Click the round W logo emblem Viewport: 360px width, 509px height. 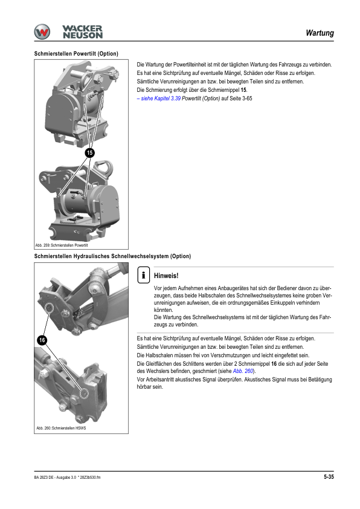click(42, 32)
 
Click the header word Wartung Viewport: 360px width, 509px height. click(320, 33)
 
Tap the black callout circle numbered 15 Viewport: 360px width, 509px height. click(90, 153)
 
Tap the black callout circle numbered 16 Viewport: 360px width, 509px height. click(42, 340)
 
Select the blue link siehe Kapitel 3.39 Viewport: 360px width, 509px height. click(159, 99)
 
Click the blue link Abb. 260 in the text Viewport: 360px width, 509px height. click(243, 371)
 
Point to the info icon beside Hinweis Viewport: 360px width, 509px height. click(143, 275)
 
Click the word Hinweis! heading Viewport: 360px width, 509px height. click(166, 276)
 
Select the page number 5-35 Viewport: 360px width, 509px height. click(329, 477)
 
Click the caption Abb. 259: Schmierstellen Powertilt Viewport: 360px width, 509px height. click(62, 245)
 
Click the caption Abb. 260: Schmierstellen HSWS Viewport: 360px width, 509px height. click(61, 428)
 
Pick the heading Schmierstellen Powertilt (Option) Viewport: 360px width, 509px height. click(76, 54)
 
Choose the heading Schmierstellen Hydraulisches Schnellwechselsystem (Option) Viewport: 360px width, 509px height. click(112, 256)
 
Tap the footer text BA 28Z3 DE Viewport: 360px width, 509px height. click(43, 477)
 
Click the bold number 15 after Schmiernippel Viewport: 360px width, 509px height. click(243, 90)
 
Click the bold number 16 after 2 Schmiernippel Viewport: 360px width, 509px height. click(274, 364)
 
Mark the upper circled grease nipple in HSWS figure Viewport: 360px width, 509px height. click(50, 308)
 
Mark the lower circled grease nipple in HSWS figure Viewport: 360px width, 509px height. click(85, 393)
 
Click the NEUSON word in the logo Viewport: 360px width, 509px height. click(83, 36)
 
